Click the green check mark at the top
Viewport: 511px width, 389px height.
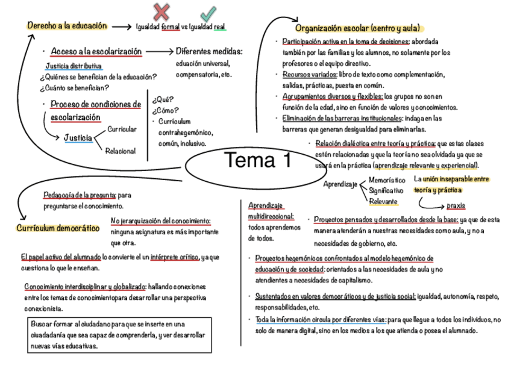point(208,12)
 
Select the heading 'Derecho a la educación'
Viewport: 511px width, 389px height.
point(67,26)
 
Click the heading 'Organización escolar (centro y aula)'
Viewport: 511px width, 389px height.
point(357,29)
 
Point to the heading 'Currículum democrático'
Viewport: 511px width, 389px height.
point(57,229)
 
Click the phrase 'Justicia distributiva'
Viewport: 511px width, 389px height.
point(74,66)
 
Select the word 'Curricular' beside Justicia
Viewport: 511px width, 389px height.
point(122,129)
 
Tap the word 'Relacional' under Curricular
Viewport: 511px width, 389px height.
point(121,151)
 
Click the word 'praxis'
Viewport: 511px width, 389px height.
point(456,205)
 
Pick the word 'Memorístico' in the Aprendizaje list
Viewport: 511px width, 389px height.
point(387,180)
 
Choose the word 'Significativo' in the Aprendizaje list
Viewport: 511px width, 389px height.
point(386,191)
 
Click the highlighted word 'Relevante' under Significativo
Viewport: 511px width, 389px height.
point(383,202)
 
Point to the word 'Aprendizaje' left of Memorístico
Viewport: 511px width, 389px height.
point(340,184)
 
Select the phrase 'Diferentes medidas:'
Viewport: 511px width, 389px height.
point(209,52)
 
